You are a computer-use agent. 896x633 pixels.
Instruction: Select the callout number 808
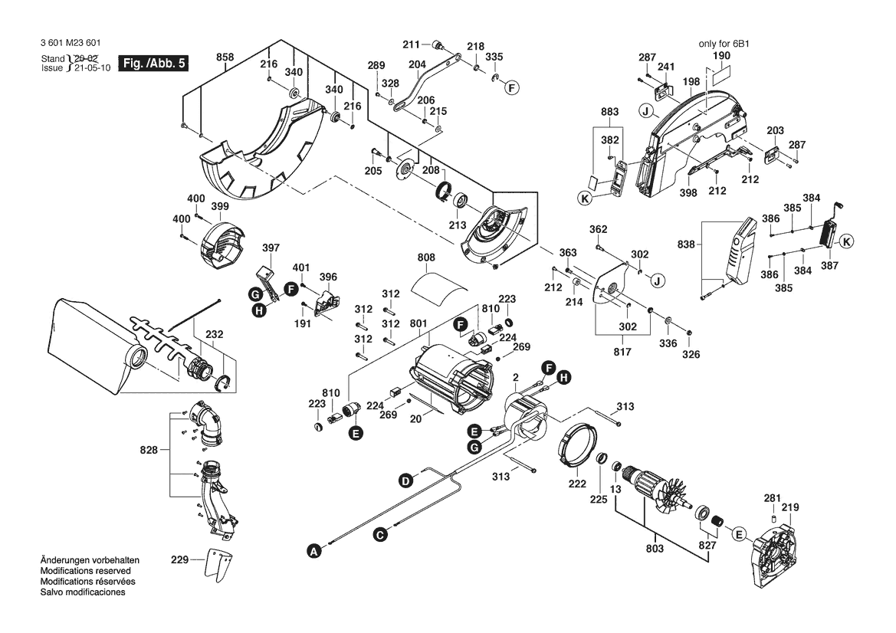[427, 259]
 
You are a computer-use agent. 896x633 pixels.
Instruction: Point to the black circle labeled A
[312, 549]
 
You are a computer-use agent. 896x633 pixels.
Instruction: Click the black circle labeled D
[405, 480]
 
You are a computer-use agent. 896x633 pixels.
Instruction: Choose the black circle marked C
[379, 534]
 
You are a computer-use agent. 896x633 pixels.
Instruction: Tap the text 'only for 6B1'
[723, 44]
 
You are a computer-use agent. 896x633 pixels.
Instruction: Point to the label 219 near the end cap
[789, 507]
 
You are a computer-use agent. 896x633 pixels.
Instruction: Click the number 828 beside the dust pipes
[148, 451]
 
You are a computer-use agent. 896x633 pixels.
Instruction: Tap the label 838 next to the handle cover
[688, 245]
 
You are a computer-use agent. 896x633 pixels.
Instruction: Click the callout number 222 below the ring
[576, 484]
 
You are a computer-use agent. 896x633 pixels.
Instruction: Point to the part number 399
[220, 207]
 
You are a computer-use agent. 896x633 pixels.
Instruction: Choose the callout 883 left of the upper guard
[610, 113]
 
